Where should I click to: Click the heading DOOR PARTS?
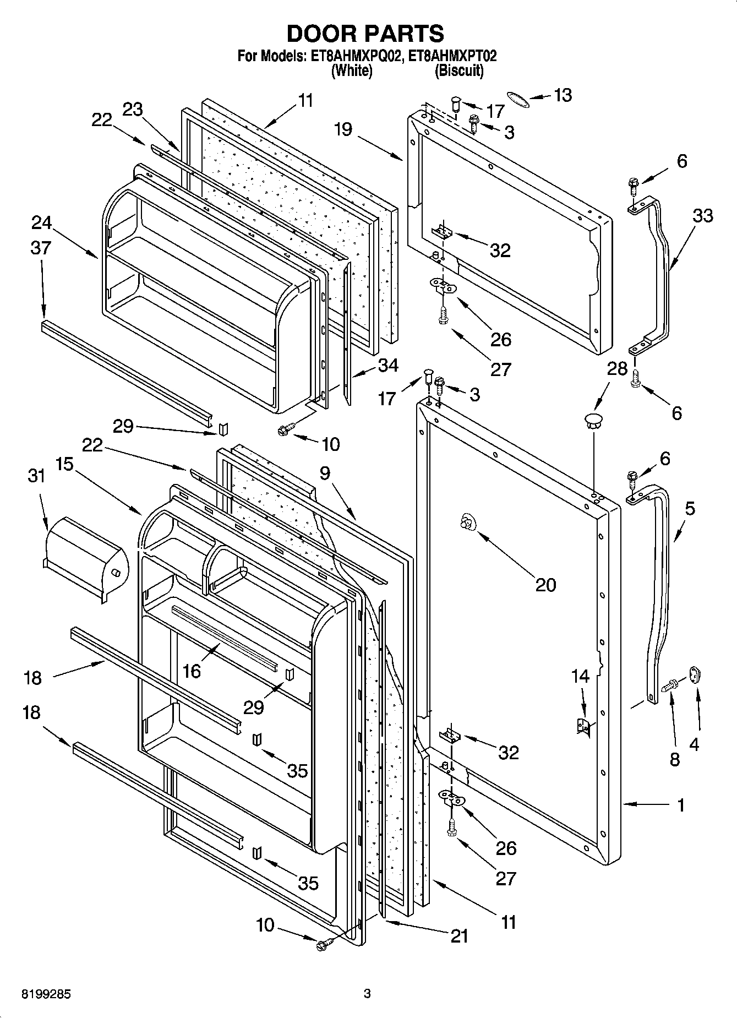[x=365, y=34]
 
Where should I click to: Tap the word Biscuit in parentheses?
[x=458, y=70]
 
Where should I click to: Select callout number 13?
[x=563, y=95]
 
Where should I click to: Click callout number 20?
[x=545, y=584]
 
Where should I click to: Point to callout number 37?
[x=41, y=248]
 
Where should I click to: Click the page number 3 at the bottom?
[x=367, y=994]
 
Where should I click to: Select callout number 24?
[x=42, y=222]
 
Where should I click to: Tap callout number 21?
[x=458, y=935]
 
